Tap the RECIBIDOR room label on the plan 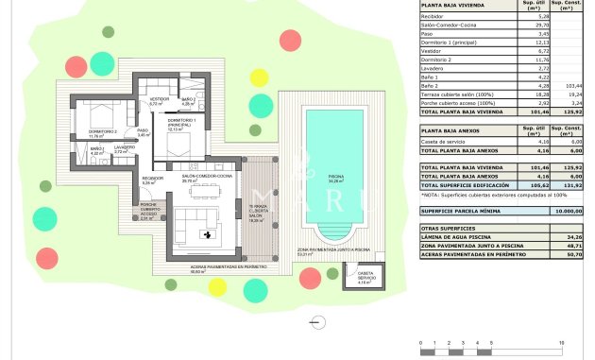click(149, 179)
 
